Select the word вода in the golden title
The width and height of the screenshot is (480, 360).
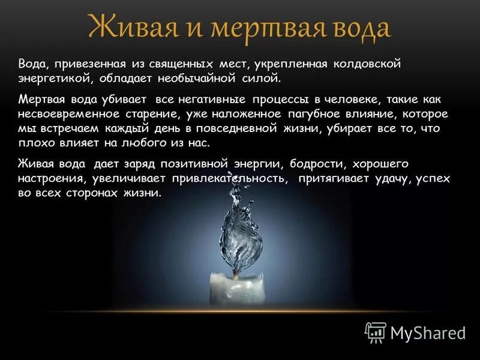coord(359,28)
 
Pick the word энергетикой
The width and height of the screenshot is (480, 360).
coord(54,78)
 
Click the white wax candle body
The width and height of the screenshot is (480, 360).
coord(236,287)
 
